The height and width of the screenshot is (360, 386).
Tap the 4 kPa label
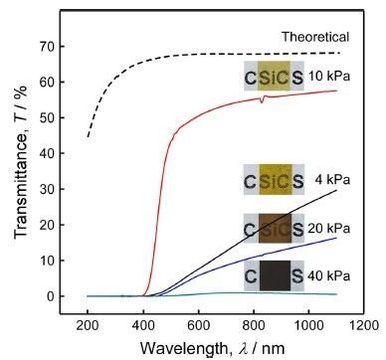click(333, 179)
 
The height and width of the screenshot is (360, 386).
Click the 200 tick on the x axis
click(88, 324)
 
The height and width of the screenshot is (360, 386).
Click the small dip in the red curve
click(262, 101)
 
